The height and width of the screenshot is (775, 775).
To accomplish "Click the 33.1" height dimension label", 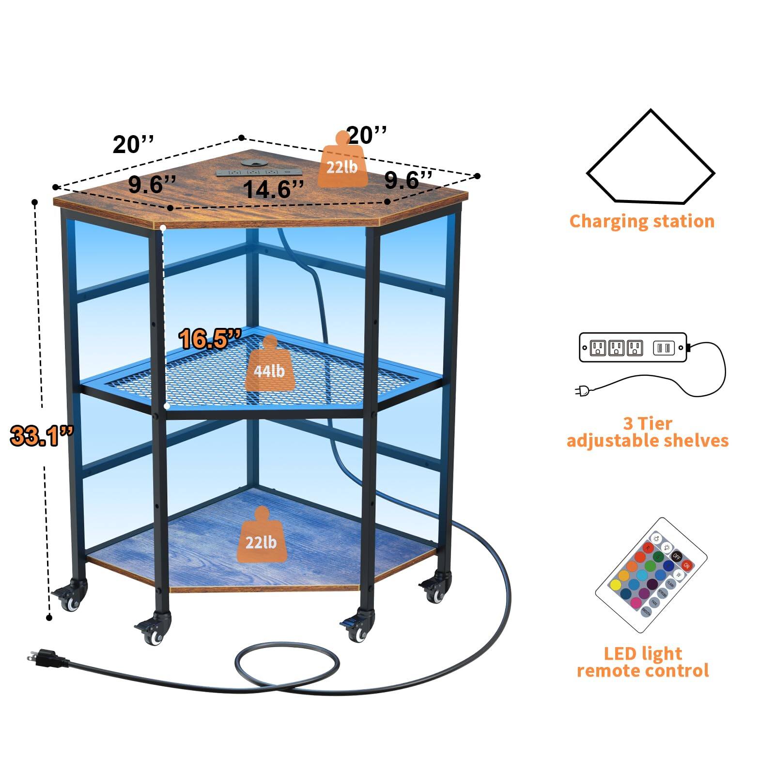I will tap(42, 435).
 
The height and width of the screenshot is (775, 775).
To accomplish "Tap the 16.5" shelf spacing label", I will tap(210, 339).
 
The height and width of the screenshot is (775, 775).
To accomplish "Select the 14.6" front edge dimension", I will tap(273, 189).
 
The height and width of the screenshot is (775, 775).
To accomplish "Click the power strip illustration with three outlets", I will tap(633, 347).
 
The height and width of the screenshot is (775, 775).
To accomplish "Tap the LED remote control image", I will tap(650, 575).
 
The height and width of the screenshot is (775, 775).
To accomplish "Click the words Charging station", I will tap(642, 221).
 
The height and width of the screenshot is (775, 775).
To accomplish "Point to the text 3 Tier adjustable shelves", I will tap(647, 432).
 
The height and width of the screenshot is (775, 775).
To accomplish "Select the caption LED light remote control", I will tap(643, 662).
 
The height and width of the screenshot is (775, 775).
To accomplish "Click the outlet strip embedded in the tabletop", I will tap(253, 172).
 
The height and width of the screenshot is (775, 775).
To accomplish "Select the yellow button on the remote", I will tap(615, 585).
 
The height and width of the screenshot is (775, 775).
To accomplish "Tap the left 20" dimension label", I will tap(133, 145).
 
